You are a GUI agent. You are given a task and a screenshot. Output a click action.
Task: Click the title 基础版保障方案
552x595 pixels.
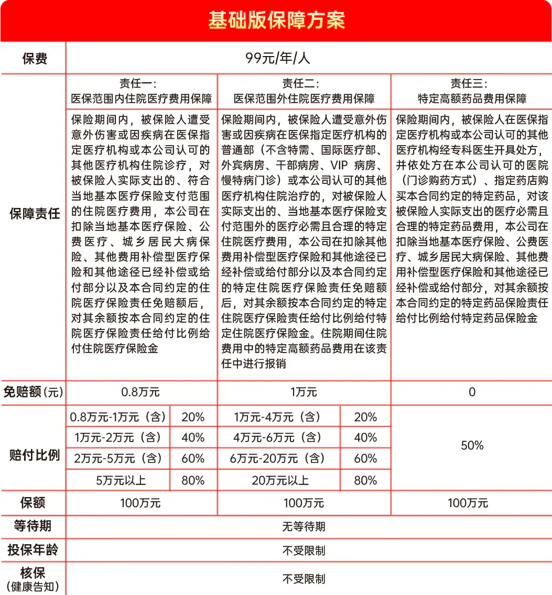coord(276,20)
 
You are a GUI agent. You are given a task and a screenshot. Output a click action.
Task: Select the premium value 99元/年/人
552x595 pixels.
coord(278,58)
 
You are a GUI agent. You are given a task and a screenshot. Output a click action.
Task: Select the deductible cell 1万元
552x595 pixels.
coord(304,392)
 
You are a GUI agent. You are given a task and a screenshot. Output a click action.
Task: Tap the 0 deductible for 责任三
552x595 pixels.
coord(472,392)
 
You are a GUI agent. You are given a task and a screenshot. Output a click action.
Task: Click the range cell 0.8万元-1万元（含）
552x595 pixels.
coord(118,417)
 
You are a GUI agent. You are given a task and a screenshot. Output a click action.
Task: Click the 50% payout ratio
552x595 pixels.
coord(472,446)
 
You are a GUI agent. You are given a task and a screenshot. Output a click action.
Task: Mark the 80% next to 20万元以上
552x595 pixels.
coord(365,480)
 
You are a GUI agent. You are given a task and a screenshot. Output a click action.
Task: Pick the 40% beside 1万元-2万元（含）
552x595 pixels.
coord(192,438)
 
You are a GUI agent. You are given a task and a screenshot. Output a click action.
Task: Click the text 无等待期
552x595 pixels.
coord(304,526)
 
